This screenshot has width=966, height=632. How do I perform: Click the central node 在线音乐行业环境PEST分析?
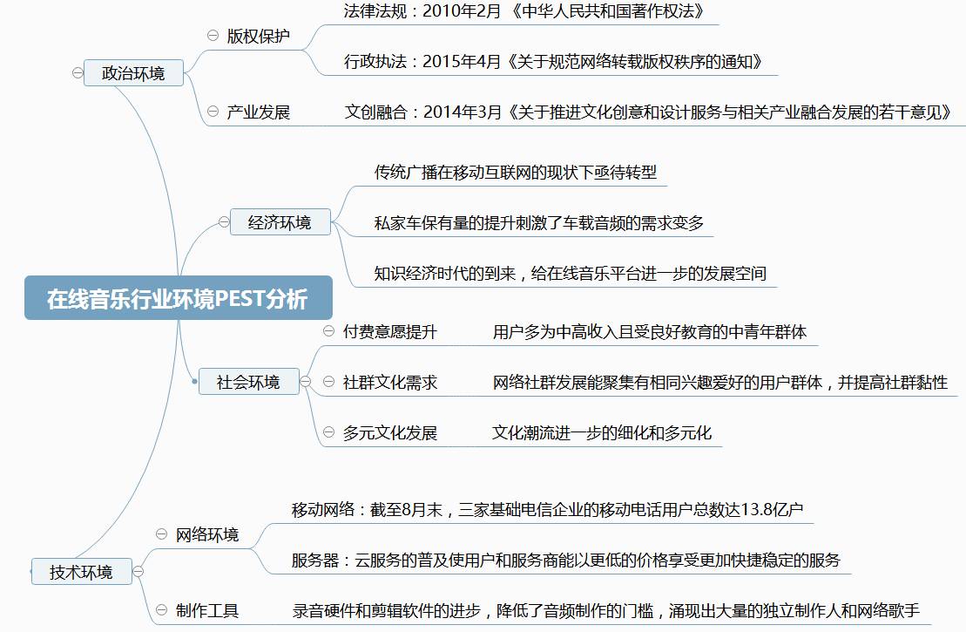pyautogui.click(x=178, y=298)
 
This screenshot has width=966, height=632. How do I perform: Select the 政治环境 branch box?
pyautogui.click(x=133, y=73)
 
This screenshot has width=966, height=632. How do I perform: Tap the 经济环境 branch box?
pyautogui.click(x=279, y=222)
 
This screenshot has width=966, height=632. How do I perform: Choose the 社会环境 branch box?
pyautogui.click(x=248, y=382)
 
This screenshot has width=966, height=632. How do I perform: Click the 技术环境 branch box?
pyautogui.click(x=81, y=572)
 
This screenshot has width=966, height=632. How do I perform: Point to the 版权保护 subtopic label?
pyautogui.click(x=259, y=37)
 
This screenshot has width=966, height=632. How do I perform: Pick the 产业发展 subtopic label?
pyautogui.click(x=259, y=112)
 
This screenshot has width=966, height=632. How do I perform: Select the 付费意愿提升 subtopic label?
pyautogui.click(x=389, y=331)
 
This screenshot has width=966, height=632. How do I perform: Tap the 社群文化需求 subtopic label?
pyautogui.click(x=389, y=382)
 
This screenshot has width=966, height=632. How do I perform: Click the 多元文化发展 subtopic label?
pyautogui.click(x=389, y=432)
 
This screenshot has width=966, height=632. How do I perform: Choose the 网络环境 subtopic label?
pyautogui.click(x=207, y=534)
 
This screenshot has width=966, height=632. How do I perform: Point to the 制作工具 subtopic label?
pyautogui.click(x=207, y=610)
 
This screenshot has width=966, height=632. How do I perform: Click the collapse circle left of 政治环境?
pyautogui.click(x=78, y=73)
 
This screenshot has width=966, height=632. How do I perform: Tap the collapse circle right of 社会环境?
pyautogui.click(x=306, y=382)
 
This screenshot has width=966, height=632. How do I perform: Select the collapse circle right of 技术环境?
pyautogui.click(x=138, y=572)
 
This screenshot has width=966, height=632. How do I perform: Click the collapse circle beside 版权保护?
pyautogui.click(x=213, y=36)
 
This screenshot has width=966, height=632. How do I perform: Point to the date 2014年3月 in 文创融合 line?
pyautogui.click(x=463, y=112)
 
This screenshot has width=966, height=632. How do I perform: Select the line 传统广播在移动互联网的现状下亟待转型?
pyautogui.click(x=515, y=172)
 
